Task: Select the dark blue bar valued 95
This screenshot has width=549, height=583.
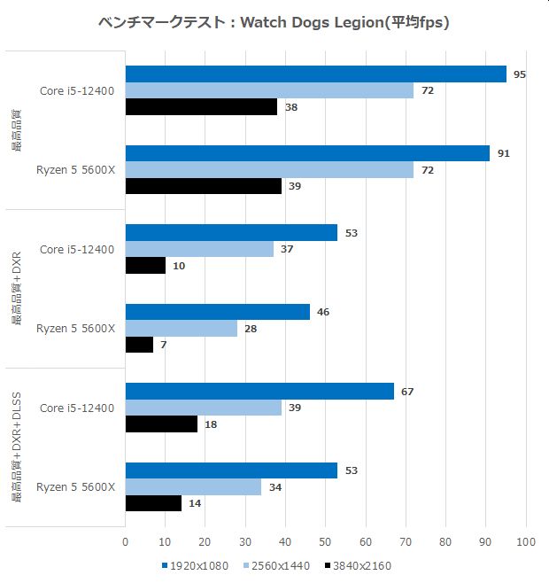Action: (x=316, y=74)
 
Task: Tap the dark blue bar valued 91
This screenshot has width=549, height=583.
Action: (x=307, y=153)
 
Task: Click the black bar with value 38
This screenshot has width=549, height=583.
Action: (x=201, y=107)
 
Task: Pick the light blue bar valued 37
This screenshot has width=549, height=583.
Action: (x=199, y=250)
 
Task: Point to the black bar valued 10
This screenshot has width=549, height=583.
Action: (x=145, y=266)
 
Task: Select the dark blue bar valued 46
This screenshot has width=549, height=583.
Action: (x=217, y=312)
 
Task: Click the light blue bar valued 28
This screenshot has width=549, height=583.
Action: (x=182, y=329)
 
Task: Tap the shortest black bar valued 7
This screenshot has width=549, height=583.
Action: (x=139, y=345)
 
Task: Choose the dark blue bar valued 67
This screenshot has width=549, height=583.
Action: (x=259, y=392)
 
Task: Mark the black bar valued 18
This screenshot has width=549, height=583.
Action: (x=161, y=424)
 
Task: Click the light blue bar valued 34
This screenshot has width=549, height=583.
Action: (x=193, y=487)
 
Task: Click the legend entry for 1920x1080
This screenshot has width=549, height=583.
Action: (x=196, y=565)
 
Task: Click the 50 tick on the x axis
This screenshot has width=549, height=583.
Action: (x=325, y=541)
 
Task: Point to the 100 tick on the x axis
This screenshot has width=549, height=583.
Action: (x=525, y=541)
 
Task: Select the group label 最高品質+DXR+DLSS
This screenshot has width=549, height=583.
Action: (x=17, y=447)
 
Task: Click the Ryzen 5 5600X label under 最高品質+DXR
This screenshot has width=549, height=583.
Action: (x=76, y=329)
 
